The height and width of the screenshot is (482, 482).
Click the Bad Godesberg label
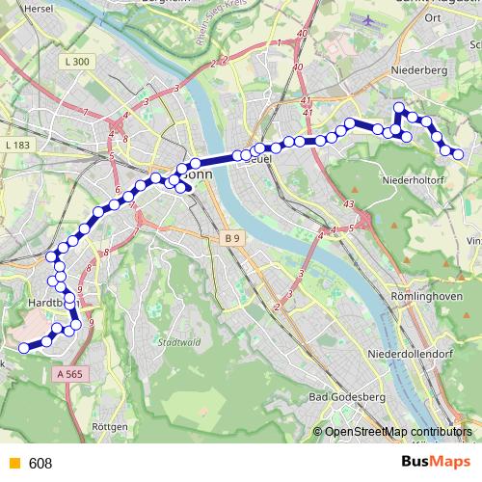click(346, 397)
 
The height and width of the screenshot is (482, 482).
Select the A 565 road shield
click(71, 373)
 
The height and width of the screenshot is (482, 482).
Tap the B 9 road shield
click(229, 237)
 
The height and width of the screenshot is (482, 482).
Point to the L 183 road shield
click(17, 145)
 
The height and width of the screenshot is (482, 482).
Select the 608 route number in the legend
click(40, 464)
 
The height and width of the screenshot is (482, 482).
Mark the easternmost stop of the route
click(458, 154)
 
